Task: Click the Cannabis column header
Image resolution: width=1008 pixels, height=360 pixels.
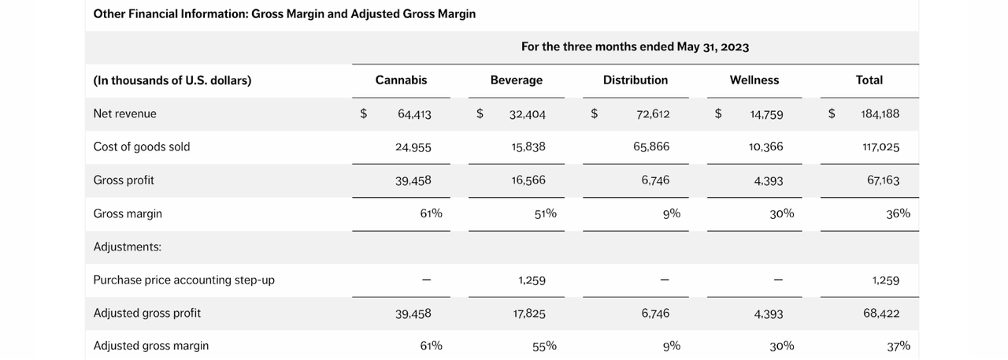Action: [401, 80]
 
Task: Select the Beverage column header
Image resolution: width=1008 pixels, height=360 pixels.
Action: [516, 80]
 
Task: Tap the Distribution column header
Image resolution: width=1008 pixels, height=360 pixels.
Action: [635, 80]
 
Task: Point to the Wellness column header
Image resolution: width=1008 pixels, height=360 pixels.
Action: [754, 80]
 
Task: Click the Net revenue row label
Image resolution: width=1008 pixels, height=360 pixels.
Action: [124, 113]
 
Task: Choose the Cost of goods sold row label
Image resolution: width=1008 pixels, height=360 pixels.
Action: [141, 147]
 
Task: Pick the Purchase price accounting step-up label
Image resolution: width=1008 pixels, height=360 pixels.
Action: [183, 280]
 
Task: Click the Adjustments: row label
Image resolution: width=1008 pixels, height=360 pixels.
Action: [127, 247]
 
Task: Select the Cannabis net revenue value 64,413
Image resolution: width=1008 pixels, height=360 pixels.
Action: [414, 113]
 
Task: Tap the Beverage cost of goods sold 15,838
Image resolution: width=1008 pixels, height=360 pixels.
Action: [528, 147]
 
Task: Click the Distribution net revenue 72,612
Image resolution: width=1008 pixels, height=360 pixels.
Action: [653, 113]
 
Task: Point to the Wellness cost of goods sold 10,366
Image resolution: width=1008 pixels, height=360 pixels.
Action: [766, 147]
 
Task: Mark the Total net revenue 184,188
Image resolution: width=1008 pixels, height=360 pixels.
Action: [880, 113]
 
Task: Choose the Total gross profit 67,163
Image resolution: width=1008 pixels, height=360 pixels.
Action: [883, 180]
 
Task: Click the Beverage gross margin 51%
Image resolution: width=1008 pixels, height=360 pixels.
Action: [545, 213]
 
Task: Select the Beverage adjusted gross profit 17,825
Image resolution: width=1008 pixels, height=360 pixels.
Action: [528, 314]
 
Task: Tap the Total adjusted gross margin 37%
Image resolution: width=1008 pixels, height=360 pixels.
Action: [898, 346]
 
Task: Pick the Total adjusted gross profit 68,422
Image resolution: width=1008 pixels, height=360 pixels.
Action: [881, 314]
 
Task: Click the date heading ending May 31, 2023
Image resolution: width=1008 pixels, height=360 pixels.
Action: [635, 47]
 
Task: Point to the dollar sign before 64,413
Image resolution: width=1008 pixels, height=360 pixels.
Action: [363, 113]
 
